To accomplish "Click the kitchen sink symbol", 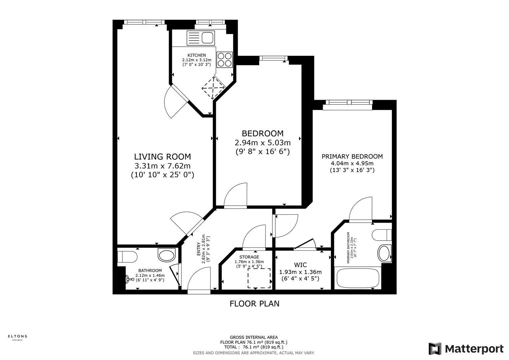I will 200,38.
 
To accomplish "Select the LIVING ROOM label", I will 162,157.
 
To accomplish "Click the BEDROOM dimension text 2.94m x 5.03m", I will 263,143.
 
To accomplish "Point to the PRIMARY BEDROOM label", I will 352,156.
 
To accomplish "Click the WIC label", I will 300,265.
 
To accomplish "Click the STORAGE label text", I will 249,257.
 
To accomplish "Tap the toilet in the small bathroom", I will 127,257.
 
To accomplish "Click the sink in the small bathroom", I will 167,255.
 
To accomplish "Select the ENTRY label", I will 199,249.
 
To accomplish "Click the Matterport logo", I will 466,349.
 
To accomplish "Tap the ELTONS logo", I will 17,337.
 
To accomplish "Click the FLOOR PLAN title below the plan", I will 254,304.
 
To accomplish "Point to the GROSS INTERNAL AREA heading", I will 254,337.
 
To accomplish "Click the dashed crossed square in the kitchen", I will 213,88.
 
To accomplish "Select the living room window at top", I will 144,22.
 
